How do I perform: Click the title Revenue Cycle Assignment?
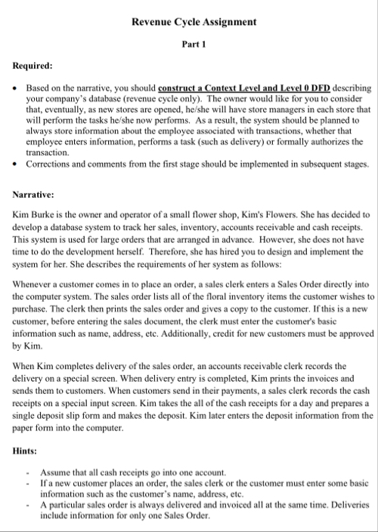[x=194, y=23]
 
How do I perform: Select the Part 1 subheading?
[x=194, y=45]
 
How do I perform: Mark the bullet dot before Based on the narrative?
[x=17, y=88]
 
